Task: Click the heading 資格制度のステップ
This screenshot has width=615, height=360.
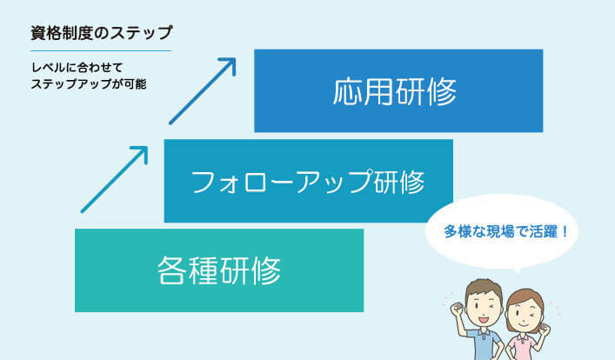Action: tap(101, 33)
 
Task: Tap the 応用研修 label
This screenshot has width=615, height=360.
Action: tap(395, 92)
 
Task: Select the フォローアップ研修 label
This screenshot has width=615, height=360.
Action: tap(308, 182)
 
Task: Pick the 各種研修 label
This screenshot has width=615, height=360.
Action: tap(219, 270)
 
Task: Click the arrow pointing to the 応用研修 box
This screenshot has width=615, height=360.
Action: tap(203, 91)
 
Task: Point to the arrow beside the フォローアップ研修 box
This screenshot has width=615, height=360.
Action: tap(115, 180)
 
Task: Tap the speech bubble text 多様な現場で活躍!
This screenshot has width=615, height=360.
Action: tap(506, 231)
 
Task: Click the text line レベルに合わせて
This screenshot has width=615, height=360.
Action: tap(77, 68)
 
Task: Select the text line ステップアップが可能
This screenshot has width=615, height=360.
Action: tap(89, 84)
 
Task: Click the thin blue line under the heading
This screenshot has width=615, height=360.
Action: tap(101, 51)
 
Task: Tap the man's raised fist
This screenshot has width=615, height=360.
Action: tap(458, 309)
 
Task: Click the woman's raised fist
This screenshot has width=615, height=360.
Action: tap(544, 330)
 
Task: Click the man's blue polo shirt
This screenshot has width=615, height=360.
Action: tap(484, 344)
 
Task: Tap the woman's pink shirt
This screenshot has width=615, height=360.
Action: tap(522, 348)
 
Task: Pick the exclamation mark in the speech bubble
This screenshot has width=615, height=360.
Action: tap(565, 231)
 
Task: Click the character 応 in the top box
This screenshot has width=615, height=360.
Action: tap(348, 92)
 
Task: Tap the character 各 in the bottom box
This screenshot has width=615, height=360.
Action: tap(171, 270)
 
